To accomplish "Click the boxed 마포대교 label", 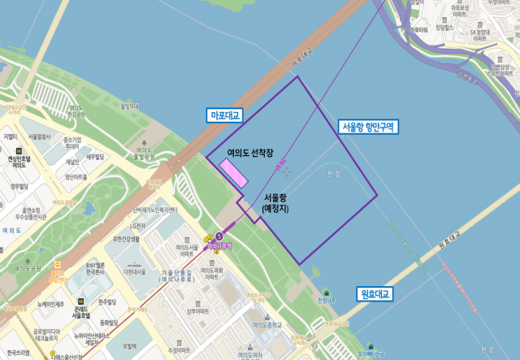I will coord(226,116).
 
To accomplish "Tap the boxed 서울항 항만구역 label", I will coord(367,127).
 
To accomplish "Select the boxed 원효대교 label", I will coord(376,293).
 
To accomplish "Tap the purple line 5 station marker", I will coord(219,236).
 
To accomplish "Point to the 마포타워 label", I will coord(419,30).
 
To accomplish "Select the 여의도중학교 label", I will coord(271,324).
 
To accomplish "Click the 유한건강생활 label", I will coord(128,239).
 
